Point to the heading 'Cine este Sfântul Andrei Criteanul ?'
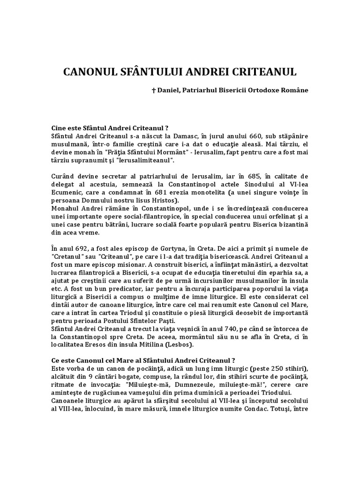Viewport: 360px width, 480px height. click(x=110, y=127)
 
